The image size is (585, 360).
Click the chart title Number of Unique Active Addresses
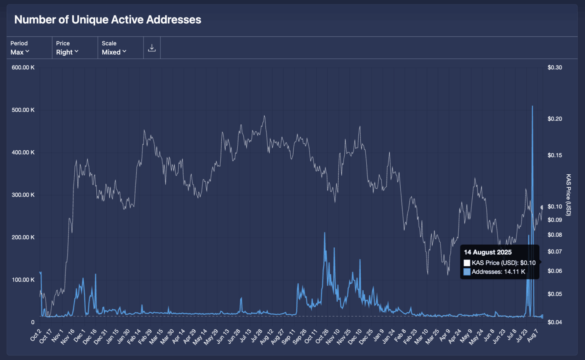(x=108, y=20)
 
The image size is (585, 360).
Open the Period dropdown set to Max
(x=20, y=52)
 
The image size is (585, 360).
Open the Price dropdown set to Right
(x=67, y=52)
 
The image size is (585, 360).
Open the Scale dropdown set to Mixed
(x=114, y=52)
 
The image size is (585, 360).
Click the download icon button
(x=152, y=48)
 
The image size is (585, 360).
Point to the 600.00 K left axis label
(x=23, y=67)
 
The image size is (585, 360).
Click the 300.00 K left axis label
(x=23, y=195)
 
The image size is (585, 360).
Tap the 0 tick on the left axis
(x=33, y=322)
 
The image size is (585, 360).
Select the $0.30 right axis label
(x=555, y=67)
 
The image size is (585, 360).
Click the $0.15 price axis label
(x=555, y=155)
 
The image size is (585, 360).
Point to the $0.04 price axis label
(x=555, y=322)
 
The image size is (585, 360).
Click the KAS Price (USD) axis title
(x=568, y=195)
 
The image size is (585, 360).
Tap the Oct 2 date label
(x=36, y=336)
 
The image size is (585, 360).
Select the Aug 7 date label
(x=532, y=336)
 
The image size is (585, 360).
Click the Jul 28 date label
(x=257, y=336)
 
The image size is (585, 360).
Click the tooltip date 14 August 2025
(x=487, y=252)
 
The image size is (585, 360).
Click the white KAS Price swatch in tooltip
(x=467, y=263)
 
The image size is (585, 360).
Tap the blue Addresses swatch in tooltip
(x=467, y=272)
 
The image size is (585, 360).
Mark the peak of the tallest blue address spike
(x=532, y=106)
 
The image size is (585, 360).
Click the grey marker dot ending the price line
(x=542, y=207)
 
